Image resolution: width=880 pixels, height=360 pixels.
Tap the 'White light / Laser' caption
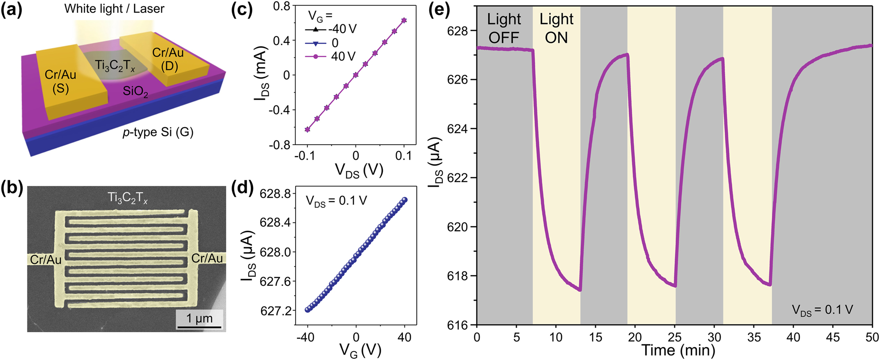coord(114,9)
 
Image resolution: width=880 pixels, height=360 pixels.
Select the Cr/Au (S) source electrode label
coord(61,82)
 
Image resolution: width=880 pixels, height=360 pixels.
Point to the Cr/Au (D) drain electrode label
coord(168,60)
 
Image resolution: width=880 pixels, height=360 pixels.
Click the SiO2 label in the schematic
coord(135,91)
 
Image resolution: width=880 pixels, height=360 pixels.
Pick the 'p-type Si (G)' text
coord(158,132)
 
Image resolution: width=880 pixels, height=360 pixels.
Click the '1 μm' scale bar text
coord(199,319)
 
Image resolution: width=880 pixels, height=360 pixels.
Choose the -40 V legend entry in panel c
coord(342,29)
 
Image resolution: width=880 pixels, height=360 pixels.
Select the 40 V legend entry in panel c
coord(343,56)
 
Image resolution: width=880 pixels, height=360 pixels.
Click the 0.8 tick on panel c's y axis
coord(281,6)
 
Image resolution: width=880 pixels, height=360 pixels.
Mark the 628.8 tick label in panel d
coord(275,194)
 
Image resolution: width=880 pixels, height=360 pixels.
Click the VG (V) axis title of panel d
coord(360,351)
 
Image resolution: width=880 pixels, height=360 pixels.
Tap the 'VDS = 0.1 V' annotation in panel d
coord(336,201)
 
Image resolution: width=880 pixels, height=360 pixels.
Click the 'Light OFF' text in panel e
coord(504,28)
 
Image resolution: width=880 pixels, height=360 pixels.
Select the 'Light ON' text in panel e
coord(556,28)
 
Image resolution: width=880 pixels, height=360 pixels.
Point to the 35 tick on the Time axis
coord(754,337)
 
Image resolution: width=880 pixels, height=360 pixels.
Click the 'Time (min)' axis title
coord(678,350)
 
